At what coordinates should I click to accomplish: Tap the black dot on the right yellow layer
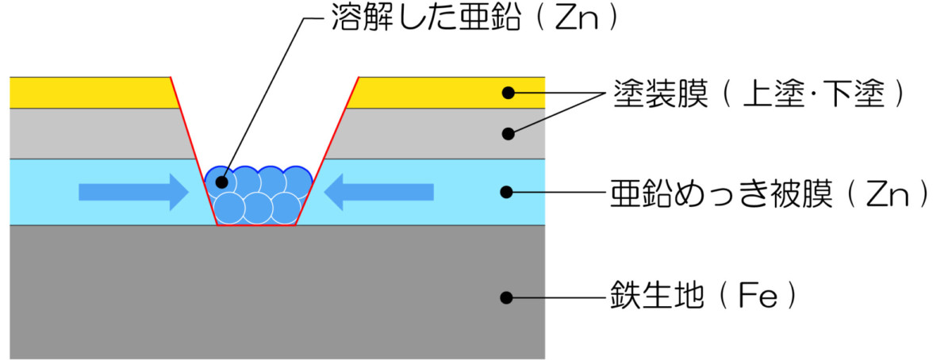point(509,93)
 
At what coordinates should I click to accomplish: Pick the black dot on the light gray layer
point(509,133)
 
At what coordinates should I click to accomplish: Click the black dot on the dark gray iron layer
point(509,298)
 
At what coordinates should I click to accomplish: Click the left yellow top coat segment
point(87,92)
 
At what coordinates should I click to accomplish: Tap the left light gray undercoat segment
point(95,133)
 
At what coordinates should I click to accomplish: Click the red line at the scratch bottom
point(256,226)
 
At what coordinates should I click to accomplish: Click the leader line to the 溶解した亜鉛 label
point(262,95)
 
